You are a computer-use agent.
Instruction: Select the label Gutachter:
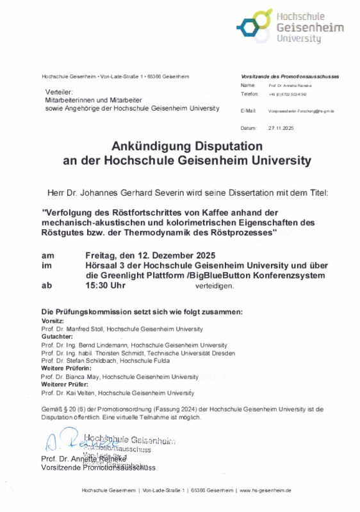click(57, 337)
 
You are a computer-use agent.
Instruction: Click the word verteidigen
click(215, 285)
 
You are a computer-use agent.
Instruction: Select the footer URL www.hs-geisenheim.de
click(265, 490)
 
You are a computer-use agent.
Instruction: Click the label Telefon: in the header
click(249, 93)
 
